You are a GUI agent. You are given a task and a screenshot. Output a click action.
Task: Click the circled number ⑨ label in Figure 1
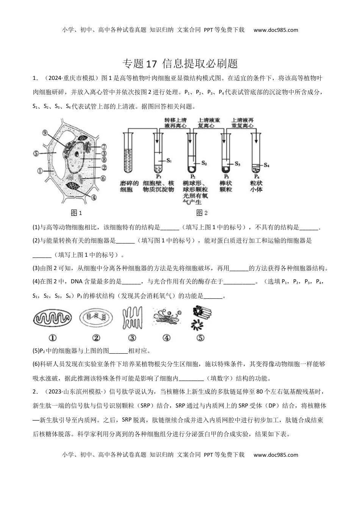click(45, 133)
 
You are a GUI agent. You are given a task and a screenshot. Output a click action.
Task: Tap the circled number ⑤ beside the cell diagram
click(36, 154)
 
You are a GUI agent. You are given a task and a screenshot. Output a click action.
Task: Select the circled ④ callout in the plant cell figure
click(93, 197)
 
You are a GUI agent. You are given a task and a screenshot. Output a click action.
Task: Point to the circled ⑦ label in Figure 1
click(104, 146)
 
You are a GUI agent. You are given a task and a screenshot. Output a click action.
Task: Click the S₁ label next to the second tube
click(169, 160)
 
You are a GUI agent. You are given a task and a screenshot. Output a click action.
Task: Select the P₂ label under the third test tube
click(192, 176)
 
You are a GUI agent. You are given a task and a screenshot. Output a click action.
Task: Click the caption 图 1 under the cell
click(77, 213)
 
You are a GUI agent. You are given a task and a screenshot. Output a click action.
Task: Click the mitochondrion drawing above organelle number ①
click(52, 317)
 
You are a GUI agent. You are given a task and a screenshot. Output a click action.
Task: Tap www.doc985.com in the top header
click(275, 30)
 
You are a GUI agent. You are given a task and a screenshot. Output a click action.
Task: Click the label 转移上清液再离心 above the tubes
click(173, 123)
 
